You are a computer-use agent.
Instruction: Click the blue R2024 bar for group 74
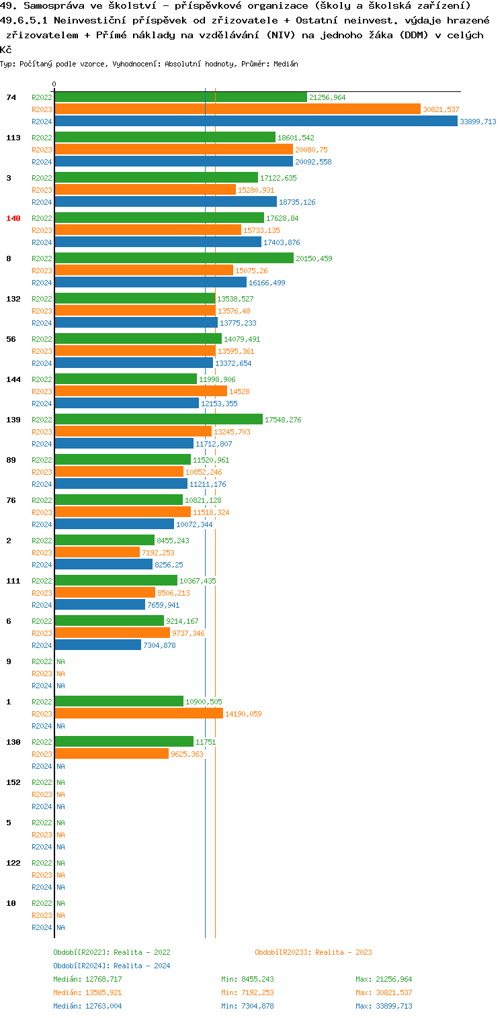point(255,122)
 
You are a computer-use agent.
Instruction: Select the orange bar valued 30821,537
point(237,109)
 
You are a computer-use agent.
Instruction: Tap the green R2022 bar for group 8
point(174,259)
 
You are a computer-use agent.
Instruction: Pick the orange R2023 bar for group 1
point(138,714)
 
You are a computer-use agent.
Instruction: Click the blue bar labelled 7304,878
point(97,645)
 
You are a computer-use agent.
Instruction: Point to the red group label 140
point(13,218)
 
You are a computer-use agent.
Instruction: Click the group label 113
point(13,138)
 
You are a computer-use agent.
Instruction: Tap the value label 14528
point(240,391)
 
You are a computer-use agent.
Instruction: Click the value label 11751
point(206,742)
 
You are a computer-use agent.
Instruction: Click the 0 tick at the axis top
point(54,85)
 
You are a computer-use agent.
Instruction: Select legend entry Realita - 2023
point(313,952)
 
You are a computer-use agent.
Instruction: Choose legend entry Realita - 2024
point(112,966)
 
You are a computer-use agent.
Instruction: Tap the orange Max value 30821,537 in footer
point(384,992)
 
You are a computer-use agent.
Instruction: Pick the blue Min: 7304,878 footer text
point(247,1006)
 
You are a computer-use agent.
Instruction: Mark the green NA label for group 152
point(60,782)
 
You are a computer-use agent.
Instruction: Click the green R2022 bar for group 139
point(159,420)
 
